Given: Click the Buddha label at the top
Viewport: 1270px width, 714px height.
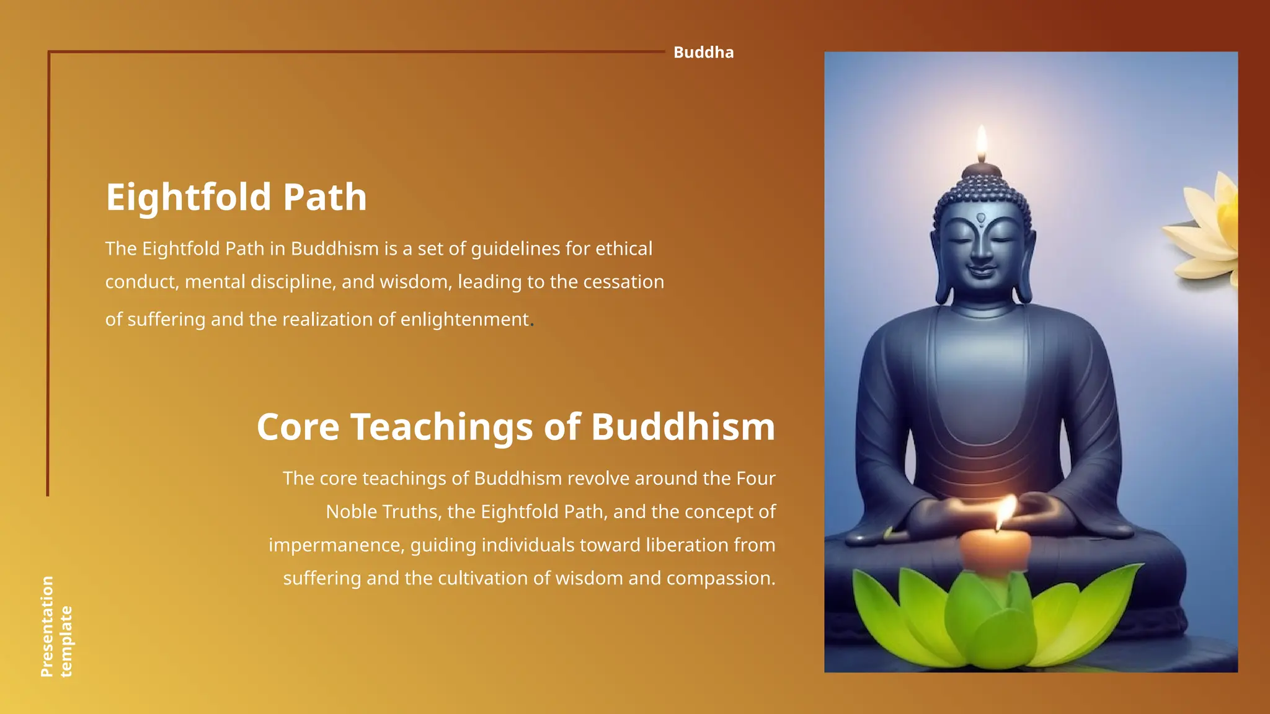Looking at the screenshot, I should (703, 53).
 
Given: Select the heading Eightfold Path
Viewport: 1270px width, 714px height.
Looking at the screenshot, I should (236, 197).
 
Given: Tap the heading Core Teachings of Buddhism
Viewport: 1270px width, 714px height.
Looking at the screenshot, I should (515, 427).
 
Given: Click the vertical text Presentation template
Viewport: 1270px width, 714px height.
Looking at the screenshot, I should (56, 626).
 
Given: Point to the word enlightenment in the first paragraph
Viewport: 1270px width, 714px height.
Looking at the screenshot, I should (464, 319).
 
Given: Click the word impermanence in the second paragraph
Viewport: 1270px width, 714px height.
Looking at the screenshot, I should (336, 545).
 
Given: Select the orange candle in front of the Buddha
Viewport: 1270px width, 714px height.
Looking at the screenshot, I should (995, 549).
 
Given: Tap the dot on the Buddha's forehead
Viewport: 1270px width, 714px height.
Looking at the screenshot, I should (981, 218).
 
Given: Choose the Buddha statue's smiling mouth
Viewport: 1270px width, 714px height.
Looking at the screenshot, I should (981, 271).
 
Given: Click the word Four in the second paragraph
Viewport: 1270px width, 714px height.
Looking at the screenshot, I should (756, 478).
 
